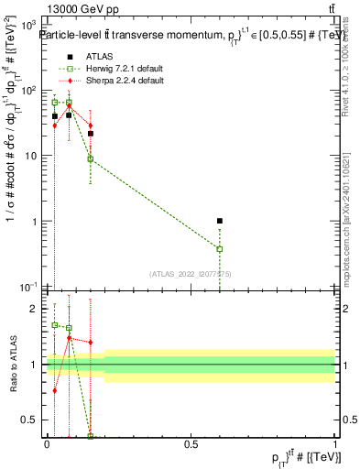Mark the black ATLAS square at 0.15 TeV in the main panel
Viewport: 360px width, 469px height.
click(90, 134)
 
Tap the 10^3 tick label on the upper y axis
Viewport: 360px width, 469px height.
click(32, 26)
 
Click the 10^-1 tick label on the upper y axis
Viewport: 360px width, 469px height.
click(32, 287)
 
